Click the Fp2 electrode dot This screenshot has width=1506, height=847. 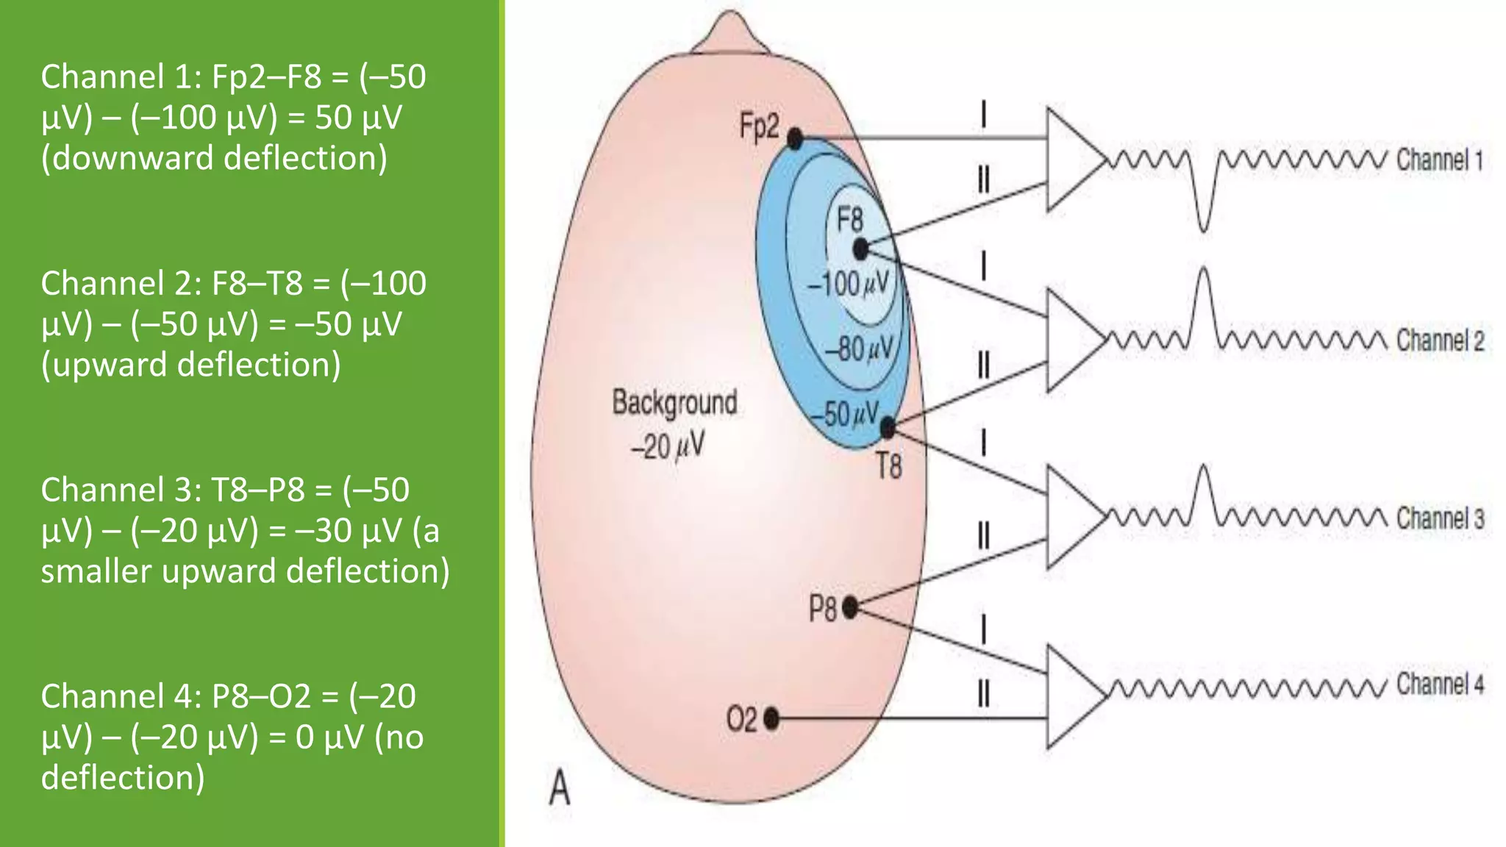pos(795,138)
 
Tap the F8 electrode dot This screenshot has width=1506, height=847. pos(861,250)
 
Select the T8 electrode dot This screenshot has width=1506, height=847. pos(888,427)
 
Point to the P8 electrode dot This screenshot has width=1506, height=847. pos(850,607)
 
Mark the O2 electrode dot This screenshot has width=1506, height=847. pos(771,718)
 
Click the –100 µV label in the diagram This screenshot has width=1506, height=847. pos(849,284)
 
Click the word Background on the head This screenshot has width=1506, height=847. pos(674,403)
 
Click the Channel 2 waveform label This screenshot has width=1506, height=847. pos(1440,340)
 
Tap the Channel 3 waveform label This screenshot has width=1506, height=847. pos(1440,519)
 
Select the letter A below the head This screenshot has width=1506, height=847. pos(560,790)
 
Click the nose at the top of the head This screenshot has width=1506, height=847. pos(729,31)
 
